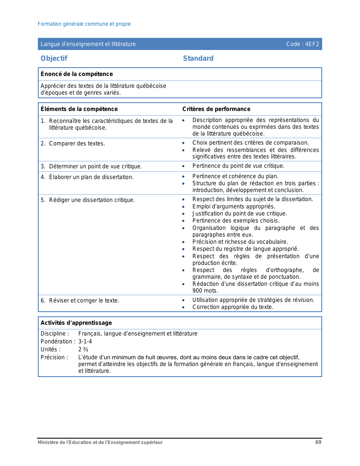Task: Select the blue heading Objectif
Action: (x=54, y=58)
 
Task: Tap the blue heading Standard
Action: (x=198, y=58)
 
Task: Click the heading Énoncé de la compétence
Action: (x=77, y=74)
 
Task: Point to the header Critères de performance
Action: (x=216, y=109)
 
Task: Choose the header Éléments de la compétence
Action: (x=79, y=109)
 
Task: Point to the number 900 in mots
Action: (x=198, y=291)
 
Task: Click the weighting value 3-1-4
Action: (x=85, y=341)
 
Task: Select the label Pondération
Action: (x=58, y=341)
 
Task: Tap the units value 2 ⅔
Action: (x=83, y=349)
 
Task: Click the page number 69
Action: (x=318, y=442)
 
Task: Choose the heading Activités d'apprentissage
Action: (x=76, y=323)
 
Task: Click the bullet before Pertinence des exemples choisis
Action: (x=183, y=221)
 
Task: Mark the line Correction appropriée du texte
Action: (x=233, y=307)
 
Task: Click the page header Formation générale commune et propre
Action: (x=84, y=24)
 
